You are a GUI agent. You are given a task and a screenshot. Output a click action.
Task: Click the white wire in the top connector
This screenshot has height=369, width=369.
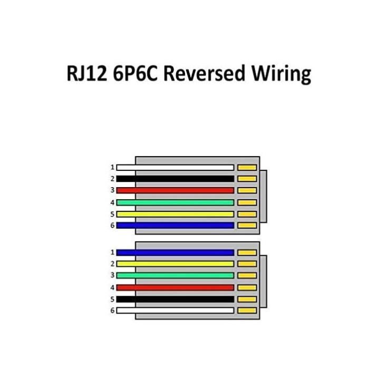pos(175,168)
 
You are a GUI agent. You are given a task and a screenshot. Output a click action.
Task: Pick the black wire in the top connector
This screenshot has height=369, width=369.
pos(175,179)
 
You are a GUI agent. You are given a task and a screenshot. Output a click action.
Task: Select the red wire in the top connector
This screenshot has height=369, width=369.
pos(175,190)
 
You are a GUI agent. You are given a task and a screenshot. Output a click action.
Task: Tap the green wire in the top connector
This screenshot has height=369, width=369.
pos(175,202)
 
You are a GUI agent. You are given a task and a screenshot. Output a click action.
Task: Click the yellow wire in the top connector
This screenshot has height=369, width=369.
pos(175,214)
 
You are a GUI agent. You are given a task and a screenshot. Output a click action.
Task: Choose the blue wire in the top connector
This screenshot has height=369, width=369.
pos(175,225)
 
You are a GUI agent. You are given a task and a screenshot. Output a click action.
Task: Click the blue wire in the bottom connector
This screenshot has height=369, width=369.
pos(175,253)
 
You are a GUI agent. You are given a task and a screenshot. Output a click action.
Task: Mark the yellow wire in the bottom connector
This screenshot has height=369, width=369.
pos(175,264)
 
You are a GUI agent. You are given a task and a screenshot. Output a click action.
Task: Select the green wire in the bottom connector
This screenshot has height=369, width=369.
pos(175,275)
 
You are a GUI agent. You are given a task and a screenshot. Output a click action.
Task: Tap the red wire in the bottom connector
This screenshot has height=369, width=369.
pos(175,287)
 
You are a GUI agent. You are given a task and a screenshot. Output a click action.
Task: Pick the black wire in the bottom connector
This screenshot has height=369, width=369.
pos(175,299)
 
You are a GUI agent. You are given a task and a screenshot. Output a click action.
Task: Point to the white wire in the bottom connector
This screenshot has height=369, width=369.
pos(175,310)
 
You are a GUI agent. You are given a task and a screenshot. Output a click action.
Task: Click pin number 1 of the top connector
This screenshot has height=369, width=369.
pos(112,168)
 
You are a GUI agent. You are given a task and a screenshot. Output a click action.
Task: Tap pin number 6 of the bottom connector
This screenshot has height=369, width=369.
pos(112,310)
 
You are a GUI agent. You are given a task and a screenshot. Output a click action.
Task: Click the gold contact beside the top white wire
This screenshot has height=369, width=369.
pos(247,168)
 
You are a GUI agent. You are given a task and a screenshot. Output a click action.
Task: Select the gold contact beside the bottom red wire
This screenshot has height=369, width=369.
pos(247,287)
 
